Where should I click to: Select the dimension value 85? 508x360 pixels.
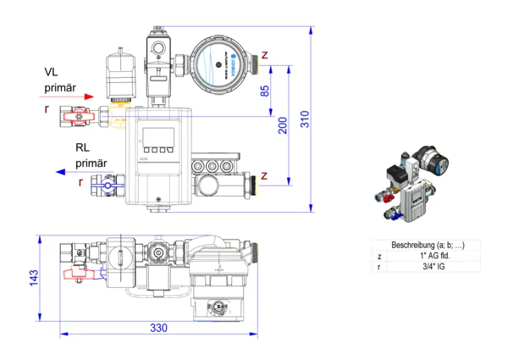point(265,91)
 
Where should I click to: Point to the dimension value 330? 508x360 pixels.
point(158,327)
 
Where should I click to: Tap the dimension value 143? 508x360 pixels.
point(33,278)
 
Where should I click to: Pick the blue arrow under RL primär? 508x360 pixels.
point(76,172)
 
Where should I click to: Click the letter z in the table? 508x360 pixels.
point(379,256)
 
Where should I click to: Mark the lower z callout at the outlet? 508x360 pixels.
point(266,176)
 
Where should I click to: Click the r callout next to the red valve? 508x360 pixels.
point(47,110)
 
